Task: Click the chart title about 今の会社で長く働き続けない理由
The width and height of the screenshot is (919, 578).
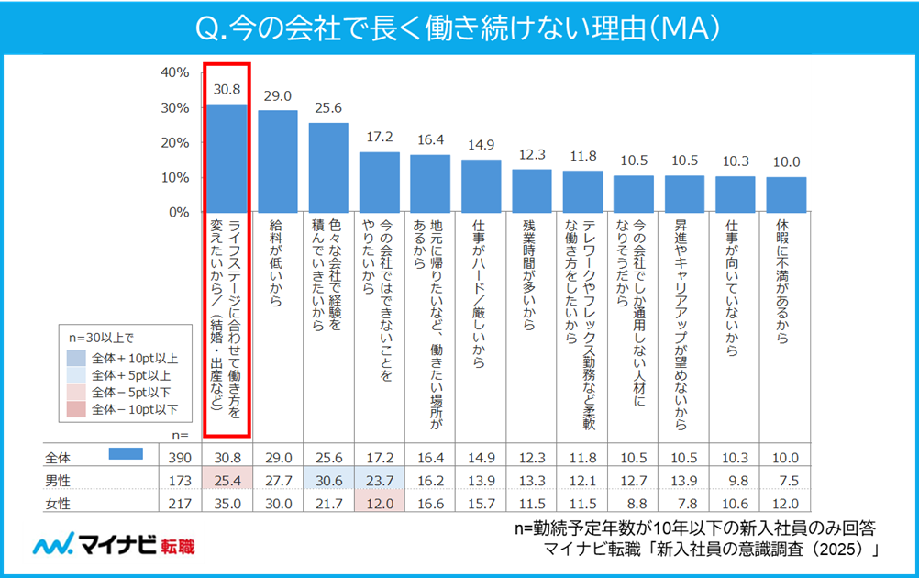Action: pos(459,28)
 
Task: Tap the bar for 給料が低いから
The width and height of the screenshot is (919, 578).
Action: pos(278,161)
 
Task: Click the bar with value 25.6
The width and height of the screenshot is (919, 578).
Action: pos(328,167)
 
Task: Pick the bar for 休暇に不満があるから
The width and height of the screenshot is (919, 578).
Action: pos(786,195)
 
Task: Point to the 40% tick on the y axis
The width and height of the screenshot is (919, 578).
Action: pos(174,72)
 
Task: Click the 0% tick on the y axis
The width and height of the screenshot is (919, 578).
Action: pos(177,212)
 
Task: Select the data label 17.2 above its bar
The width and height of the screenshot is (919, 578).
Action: pos(379,137)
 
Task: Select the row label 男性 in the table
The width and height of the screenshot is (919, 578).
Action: pos(59,479)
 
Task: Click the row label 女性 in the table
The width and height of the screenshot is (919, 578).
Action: pos(59,502)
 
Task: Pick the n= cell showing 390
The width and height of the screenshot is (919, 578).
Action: pos(180,456)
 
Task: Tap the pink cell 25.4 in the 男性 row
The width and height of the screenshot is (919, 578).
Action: pos(227,479)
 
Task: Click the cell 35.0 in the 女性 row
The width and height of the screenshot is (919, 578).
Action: pos(227,502)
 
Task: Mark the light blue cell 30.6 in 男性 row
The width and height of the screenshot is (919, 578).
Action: pos(328,479)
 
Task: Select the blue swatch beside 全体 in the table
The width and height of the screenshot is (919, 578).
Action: pos(126,454)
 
